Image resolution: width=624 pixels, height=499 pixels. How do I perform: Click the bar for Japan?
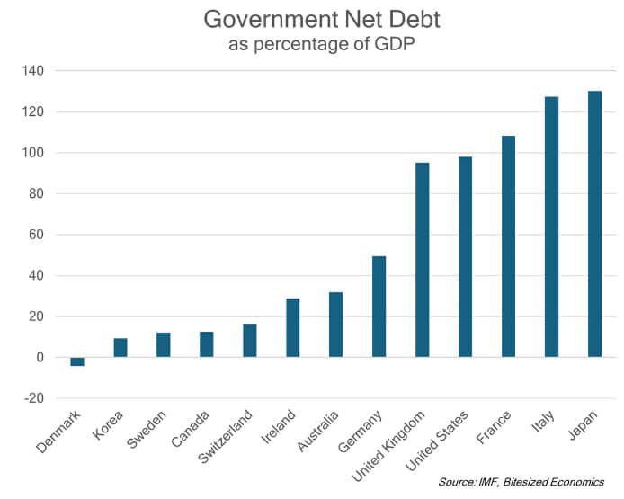(x=594, y=224)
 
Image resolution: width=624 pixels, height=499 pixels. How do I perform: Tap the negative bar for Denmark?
(x=77, y=361)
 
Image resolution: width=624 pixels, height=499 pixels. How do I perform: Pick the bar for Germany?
(x=379, y=307)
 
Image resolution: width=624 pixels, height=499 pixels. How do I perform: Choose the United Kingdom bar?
(x=422, y=260)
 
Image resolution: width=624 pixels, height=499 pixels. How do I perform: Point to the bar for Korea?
(x=120, y=347)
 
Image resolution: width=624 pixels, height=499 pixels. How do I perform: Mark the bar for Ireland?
(x=292, y=327)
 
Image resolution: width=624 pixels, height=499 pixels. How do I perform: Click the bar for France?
(x=508, y=246)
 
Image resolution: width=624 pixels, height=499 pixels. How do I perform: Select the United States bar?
(x=465, y=257)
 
